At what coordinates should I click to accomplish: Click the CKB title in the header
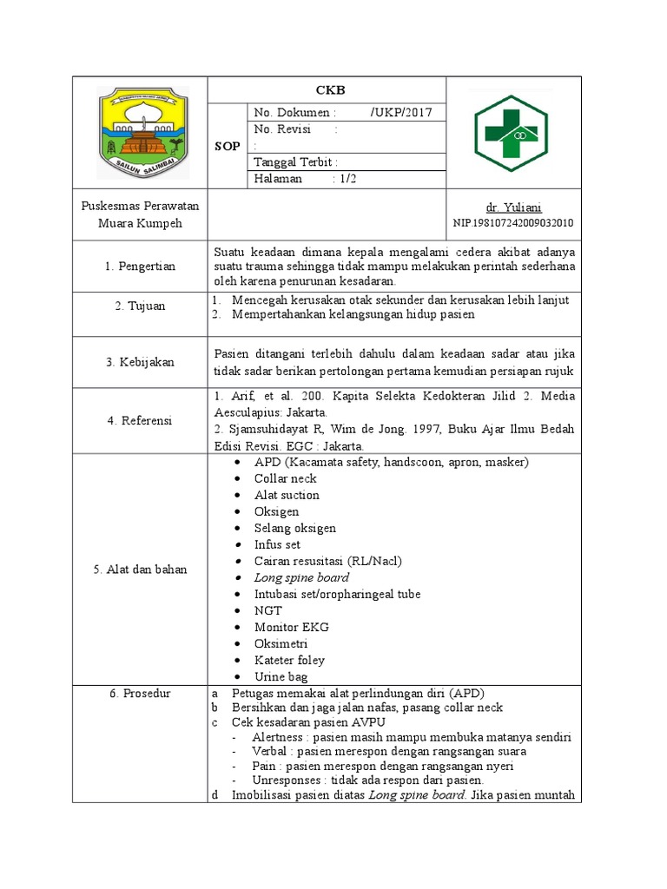tap(326, 89)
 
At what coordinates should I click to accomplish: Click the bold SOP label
tap(228, 147)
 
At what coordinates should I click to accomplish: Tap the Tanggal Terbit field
tap(295, 162)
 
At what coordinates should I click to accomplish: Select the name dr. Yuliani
tap(513, 207)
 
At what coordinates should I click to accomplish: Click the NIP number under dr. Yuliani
tap(513, 223)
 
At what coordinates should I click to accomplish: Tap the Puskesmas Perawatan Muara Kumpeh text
tap(140, 214)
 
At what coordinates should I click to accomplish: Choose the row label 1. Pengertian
tap(140, 267)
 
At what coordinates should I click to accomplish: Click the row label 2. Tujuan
tap(140, 306)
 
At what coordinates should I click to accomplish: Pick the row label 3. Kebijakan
tap(140, 362)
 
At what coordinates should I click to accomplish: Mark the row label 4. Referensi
tap(140, 420)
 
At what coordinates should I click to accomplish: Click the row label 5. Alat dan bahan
tap(140, 570)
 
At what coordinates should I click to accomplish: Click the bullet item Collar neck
tap(285, 478)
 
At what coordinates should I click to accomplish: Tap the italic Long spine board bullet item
tap(301, 577)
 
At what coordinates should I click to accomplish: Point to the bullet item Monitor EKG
tap(291, 627)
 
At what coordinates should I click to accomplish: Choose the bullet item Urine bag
tap(281, 676)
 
